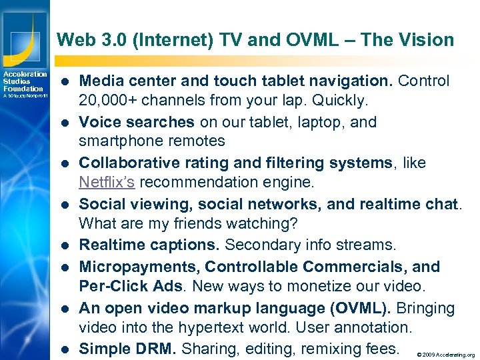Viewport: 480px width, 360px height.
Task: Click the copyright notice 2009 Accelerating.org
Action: coord(445,355)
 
